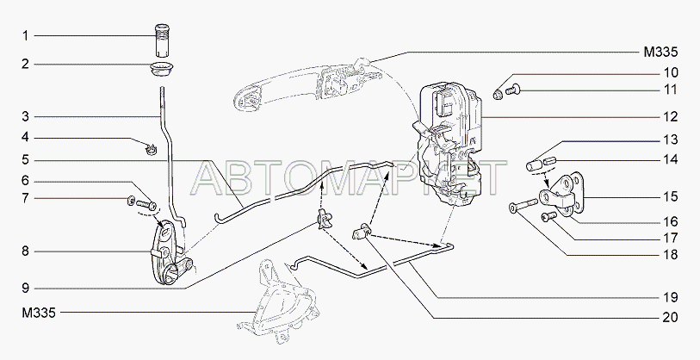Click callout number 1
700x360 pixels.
pos(26,36)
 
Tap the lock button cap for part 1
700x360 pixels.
pos(160,40)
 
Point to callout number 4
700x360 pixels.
pos(26,137)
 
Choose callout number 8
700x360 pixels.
pos(26,251)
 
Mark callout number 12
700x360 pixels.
pos(671,115)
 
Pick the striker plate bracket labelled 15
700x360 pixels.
pos(561,192)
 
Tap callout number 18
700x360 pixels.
pos(671,255)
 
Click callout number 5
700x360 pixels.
pos(26,160)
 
